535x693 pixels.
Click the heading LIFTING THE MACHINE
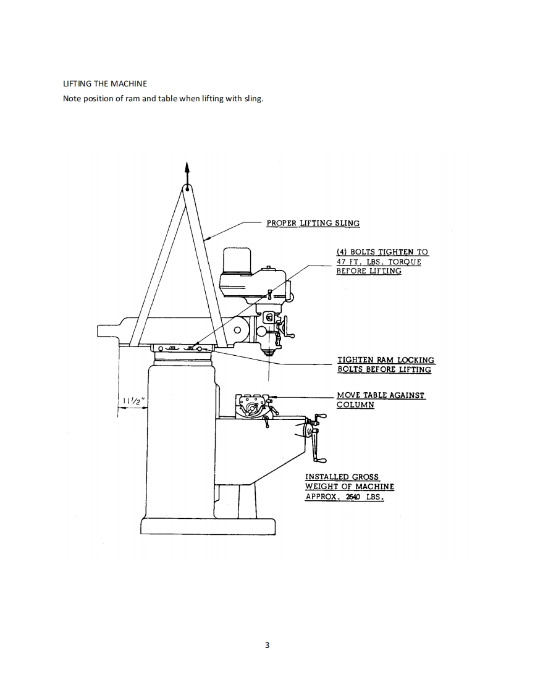pyautogui.click(x=105, y=83)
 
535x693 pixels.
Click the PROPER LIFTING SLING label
pyautogui.click(x=313, y=223)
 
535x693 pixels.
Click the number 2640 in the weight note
pyautogui.click(x=352, y=497)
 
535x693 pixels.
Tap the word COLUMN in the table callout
pyautogui.click(x=355, y=405)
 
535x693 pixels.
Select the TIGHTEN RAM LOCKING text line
pyautogui.click(x=385, y=359)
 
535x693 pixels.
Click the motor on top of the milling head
pyautogui.click(x=236, y=261)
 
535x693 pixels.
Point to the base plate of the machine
pyautogui.click(x=208, y=526)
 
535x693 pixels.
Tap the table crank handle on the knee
pyautogui.click(x=319, y=438)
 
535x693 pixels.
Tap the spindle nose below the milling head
pyautogui.click(x=268, y=352)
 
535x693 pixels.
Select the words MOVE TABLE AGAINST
pyautogui.click(x=381, y=395)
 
